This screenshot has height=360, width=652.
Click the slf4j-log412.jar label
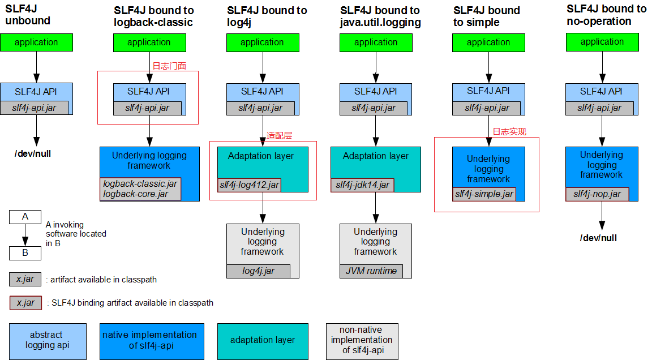pyautogui.click(x=250, y=185)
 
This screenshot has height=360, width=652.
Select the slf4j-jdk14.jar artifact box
pyautogui.click(x=362, y=185)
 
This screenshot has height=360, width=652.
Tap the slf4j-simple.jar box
pyautogui.click(x=484, y=194)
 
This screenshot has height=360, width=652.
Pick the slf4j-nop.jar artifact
pyautogui.click(x=597, y=194)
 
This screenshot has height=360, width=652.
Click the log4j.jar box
pyautogui.click(x=258, y=271)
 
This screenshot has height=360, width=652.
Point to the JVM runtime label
pyautogui.click(x=371, y=271)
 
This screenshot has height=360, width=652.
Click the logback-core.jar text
pyautogui.click(x=136, y=194)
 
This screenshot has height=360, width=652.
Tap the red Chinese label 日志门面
pyautogui.click(x=169, y=66)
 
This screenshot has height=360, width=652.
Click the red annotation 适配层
pyautogui.click(x=279, y=136)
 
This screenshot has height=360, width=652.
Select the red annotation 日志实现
pyautogui.click(x=509, y=132)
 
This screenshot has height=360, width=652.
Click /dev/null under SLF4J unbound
pyautogui.click(x=33, y=154)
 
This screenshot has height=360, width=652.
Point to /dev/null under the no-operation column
pyautogui.click(x=598, y=238)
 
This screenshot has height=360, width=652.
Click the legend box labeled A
pyautogui.click(x=25, y=217)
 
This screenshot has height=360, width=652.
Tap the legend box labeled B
pyautogui.click(x=25, y=253)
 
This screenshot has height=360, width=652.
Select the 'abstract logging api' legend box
pyautogui.click(x=48, y=341)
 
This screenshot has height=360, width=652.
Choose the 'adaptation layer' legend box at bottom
pyautogui.click(x=263, y=341)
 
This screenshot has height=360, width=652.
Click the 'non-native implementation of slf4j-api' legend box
pyautogui.click(x=362, y=341)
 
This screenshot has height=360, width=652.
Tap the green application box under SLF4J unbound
pyautogui.click(x=37, y=42)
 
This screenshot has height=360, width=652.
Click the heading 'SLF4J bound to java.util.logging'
pyautogui.click(x=380, y=16)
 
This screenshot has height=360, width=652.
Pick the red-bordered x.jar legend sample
pyautogui.click(x=26, y=303)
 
